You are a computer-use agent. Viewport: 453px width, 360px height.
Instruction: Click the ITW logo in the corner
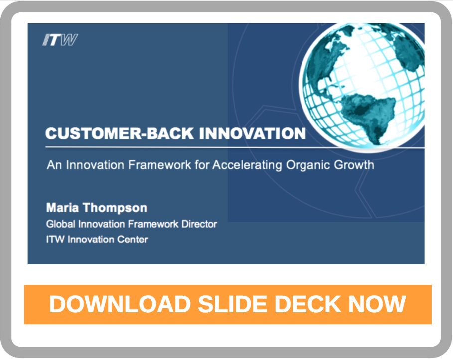[x=60, y=40]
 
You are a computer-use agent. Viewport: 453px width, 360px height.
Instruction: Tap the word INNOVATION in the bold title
[x=252, y=133]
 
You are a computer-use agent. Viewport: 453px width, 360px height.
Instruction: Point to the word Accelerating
[x=247, y=165]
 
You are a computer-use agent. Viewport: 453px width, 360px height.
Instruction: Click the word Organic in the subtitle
[x=307, y=165]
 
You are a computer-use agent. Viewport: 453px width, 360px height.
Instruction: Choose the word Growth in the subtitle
[x=354, y=165]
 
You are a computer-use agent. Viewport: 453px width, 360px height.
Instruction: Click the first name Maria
[x=62, y=208]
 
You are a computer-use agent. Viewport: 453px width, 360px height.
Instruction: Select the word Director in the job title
[x=199, y=224]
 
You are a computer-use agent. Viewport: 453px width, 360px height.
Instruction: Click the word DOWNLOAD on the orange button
[x=120, y=304]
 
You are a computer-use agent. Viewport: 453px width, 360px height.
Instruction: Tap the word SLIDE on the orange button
[x=233, y=304]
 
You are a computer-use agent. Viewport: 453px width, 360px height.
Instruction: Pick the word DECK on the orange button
[x=307, y=304]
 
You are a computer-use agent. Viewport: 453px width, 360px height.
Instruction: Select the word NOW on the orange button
[x=377, y=304]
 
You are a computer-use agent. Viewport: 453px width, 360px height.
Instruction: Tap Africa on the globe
[x=410, y=52]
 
